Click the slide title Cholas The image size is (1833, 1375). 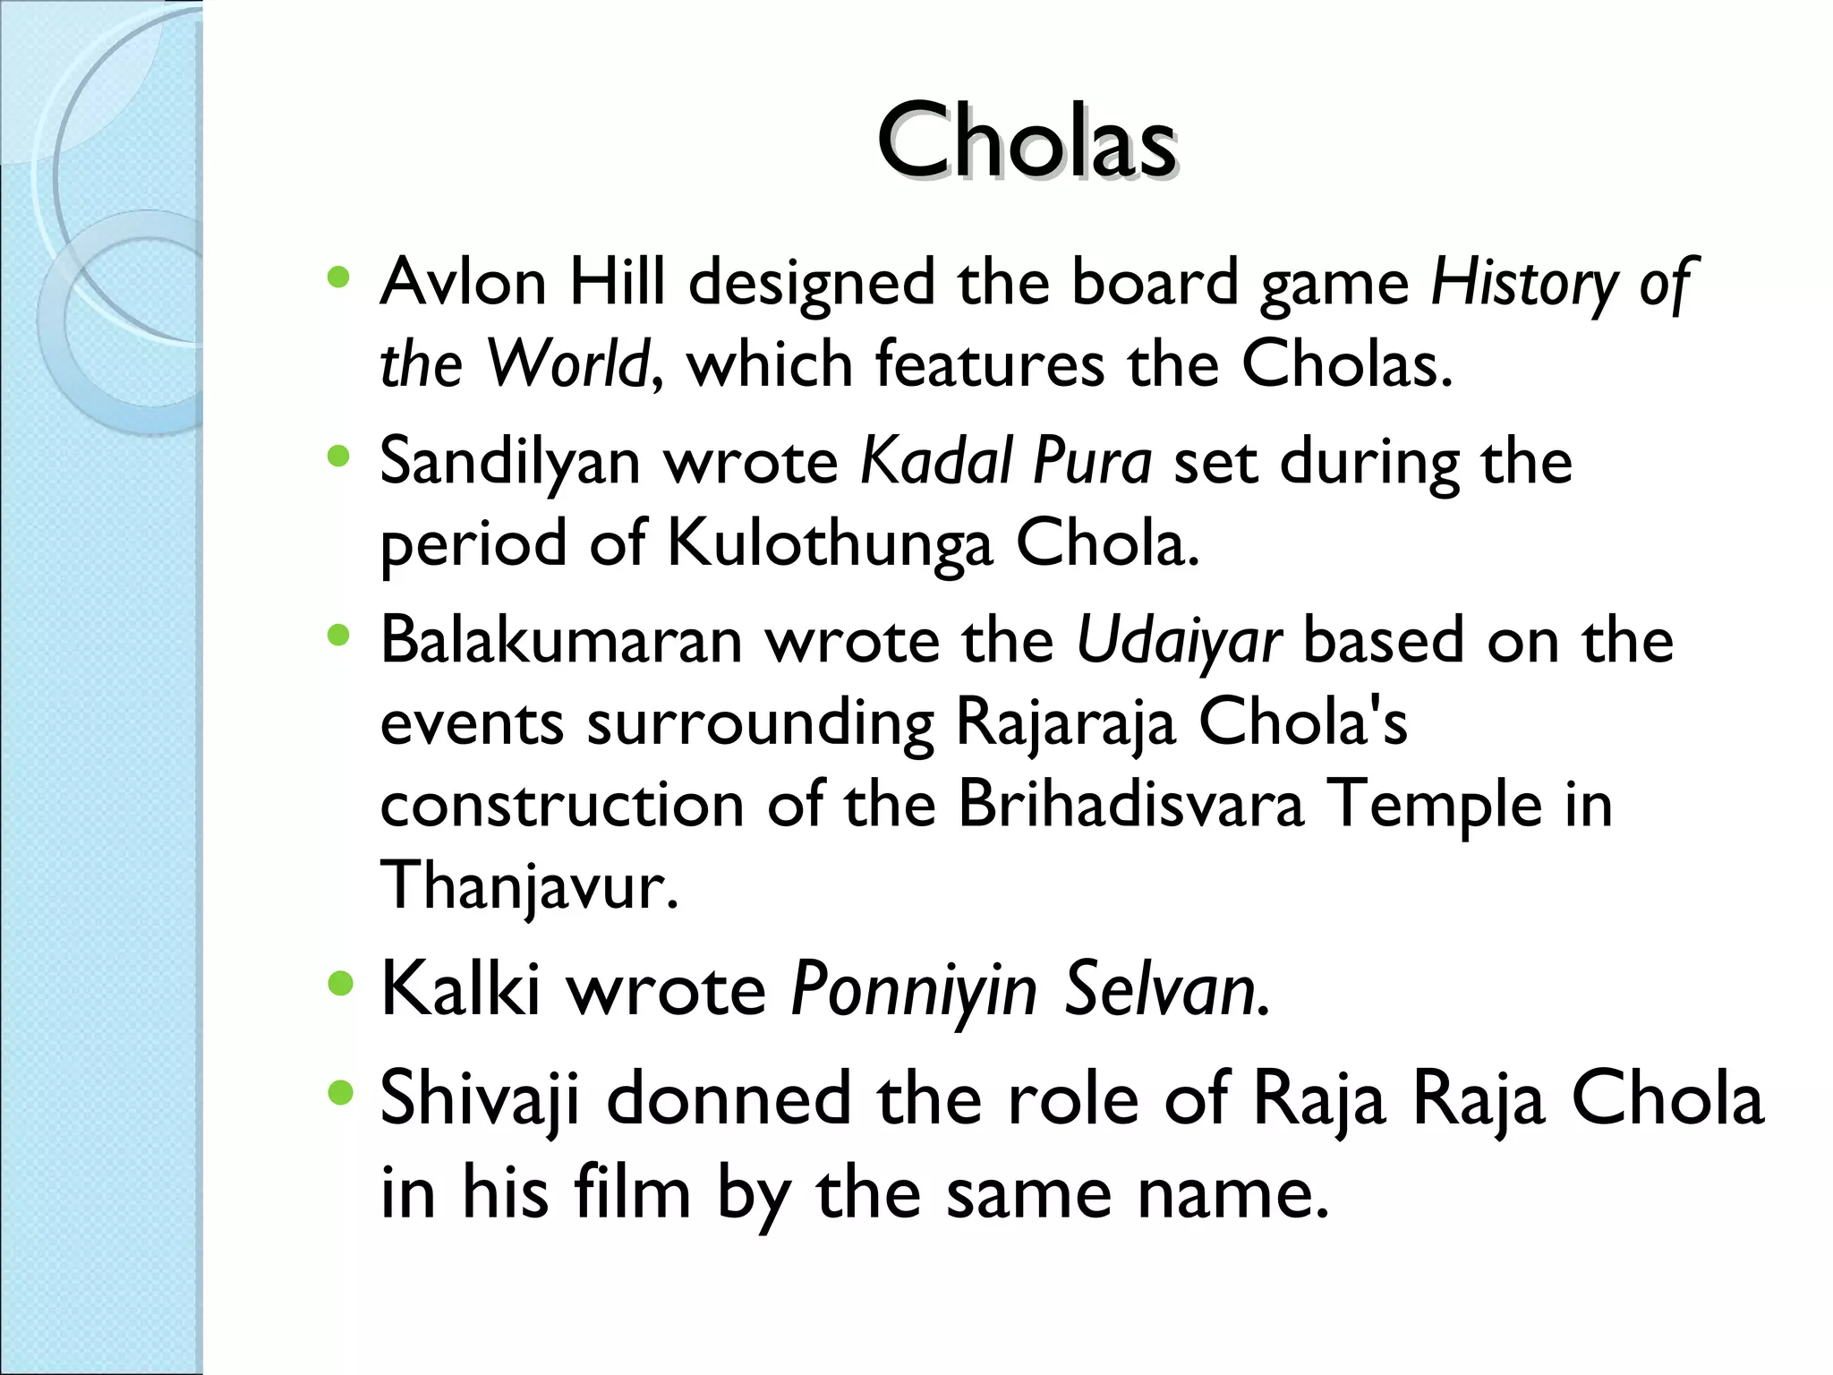[1027, 141]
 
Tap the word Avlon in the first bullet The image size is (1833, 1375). [463, 283]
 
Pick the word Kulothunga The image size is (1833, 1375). [830, 544]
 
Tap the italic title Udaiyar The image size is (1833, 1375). [1179, 643]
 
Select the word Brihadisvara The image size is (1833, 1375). [1130, 804]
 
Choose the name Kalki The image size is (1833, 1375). [460, 989]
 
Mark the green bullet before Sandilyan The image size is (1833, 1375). [338, 457]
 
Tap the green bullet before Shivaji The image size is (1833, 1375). [340, 1092]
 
